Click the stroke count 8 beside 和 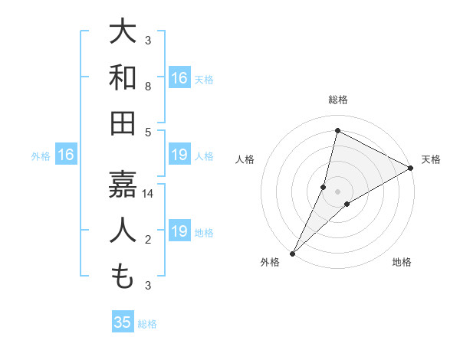148,87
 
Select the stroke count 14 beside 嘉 148,194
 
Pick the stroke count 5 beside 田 148,133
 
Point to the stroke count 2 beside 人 148,241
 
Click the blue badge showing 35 123,322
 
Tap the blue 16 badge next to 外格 66,155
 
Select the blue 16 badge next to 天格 179,77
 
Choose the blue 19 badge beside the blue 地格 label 179,231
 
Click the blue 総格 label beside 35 147,324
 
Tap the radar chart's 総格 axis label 338,100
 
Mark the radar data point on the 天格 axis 411,169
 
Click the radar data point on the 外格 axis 292,253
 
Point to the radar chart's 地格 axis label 402,263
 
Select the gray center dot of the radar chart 338,191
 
